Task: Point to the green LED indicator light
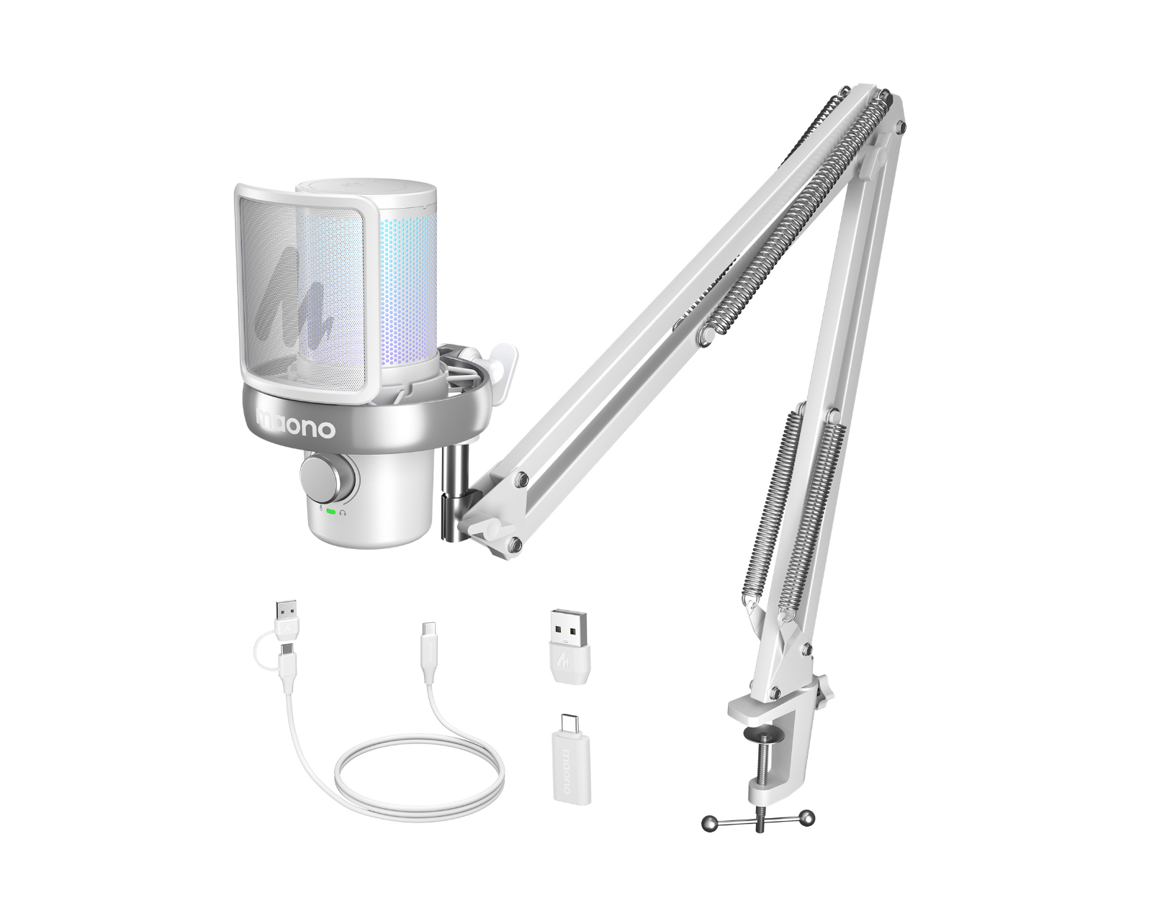tap(330, 512)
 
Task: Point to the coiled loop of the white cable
tap(418, 773)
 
